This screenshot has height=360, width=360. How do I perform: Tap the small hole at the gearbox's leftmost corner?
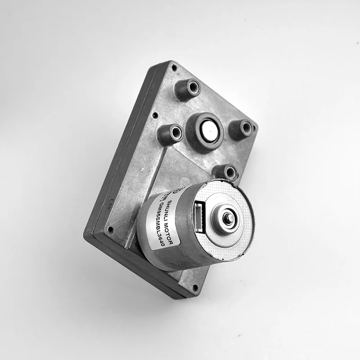click(x=110, y=229)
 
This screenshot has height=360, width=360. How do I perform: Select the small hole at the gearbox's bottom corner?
click(x=195, y=287)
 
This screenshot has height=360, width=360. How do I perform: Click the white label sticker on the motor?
click(x=166, y=220)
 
